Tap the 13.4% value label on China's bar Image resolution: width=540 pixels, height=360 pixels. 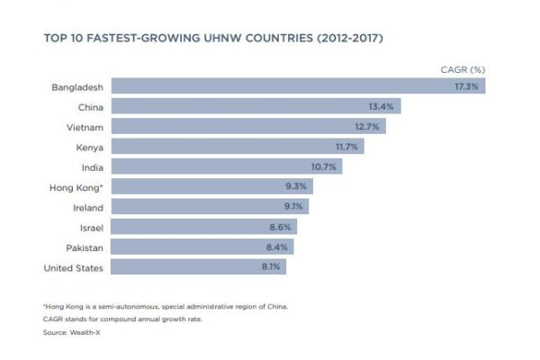(382, 106)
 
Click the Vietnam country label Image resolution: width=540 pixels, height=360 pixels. (84, 127)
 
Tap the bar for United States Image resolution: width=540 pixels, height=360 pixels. (189, 267)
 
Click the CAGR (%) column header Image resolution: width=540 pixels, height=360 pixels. (463, 68)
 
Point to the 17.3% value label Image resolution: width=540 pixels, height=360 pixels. (467, 86)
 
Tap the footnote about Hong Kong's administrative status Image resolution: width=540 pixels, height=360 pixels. (166, 307)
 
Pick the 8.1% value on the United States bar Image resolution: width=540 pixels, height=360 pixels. (271, 267)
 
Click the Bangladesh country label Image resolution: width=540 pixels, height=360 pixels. (75, 86)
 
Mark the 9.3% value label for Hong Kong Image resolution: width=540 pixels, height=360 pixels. (296, 187)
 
